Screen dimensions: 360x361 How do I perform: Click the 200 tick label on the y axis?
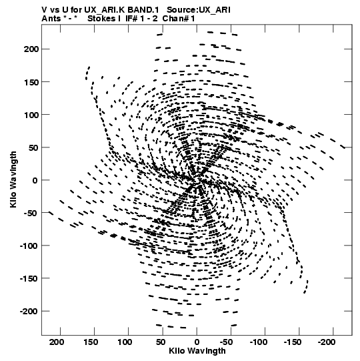point(31,49)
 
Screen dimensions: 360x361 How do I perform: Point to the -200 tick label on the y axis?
point(29,312)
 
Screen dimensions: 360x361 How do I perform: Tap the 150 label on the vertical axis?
point(31,82)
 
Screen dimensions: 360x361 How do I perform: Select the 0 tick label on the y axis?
point(35,180)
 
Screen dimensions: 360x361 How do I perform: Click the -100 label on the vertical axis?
point(29,246)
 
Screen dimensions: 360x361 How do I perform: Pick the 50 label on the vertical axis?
point(33,147)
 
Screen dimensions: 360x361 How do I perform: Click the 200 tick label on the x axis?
point(57,342)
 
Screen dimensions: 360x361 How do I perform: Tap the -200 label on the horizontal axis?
point(327,342)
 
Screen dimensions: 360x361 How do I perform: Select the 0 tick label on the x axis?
point(197,342)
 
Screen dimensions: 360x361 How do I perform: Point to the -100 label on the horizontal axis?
point(259,342)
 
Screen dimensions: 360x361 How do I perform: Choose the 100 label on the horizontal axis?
point(125,342)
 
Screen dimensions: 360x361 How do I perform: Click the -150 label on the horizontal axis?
point(293,342)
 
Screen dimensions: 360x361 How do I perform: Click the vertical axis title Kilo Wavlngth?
point(13,179)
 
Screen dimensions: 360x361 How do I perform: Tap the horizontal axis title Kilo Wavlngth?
point(197,351)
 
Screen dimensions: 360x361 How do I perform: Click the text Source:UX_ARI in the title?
point(198,10)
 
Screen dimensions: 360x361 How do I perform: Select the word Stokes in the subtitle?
point(102,19)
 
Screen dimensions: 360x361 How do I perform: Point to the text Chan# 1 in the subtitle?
point(179,19)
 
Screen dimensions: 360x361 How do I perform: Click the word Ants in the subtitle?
point(51,19)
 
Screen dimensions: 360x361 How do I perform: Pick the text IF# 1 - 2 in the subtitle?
point(141,19)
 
